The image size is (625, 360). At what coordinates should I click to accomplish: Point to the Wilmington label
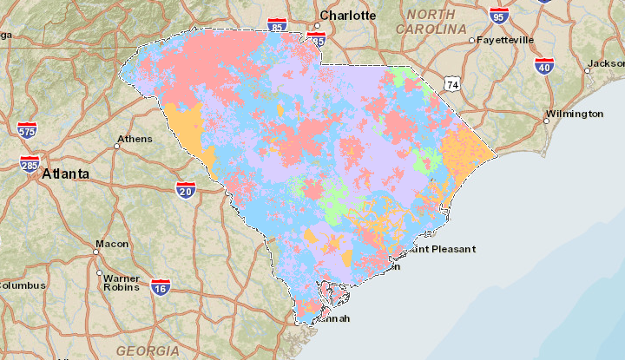pos(574,115)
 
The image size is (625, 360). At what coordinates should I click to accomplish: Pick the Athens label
pos(135,139)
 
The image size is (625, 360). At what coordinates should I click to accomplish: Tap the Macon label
pos(111,244)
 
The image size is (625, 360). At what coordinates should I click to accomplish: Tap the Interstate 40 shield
pos(544,66)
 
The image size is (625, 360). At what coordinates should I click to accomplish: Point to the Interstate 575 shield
pos(27,130)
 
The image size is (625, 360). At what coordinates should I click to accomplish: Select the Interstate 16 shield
pos(160,288)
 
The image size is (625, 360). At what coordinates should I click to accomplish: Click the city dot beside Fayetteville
pos(471,41)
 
